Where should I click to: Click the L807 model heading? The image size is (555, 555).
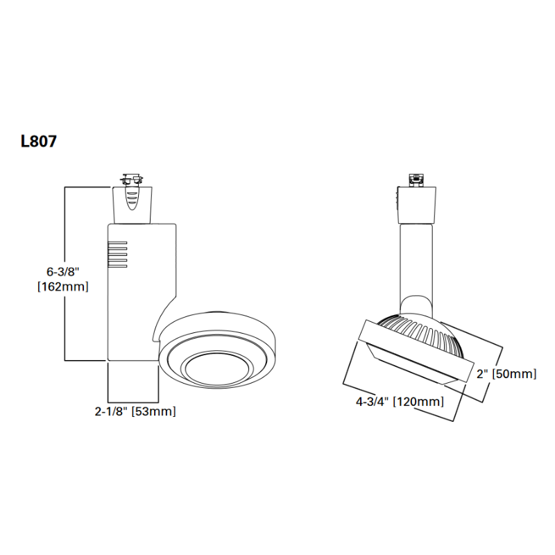point(39,142)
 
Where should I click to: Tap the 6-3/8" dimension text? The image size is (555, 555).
point(63,271)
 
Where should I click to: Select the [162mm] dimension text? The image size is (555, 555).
point(63,287)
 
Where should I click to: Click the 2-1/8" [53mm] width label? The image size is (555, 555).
point(135,411)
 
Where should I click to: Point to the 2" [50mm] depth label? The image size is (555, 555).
point(506,374)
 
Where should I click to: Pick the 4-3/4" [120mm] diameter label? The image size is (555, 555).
point(400,402)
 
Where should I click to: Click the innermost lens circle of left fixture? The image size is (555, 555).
point(218,369)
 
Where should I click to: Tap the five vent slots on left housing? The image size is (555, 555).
point(117,255)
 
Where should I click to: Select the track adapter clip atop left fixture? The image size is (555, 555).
point(132,180)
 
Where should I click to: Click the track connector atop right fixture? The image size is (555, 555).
point(416,180)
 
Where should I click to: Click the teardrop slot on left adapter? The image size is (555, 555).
point(132,198)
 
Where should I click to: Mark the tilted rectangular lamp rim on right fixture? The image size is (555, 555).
point(416,350)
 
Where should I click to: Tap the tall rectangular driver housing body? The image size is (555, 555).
point(142,292)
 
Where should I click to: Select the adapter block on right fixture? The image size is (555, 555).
point(416,205)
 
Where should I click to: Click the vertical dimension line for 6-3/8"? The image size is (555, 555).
point(65,273)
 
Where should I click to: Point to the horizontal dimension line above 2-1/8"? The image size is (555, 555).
point(133,393)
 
